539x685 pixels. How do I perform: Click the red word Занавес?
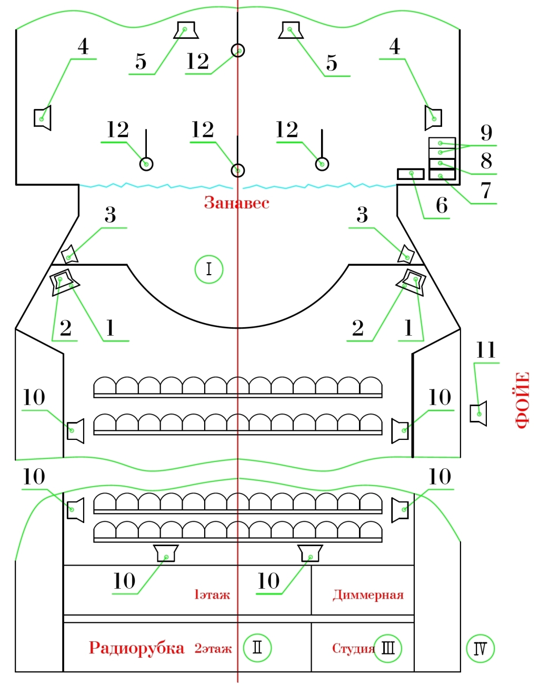click(237, 203)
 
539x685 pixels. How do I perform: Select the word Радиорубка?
click(137, 648)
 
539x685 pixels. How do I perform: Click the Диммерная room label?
click(368, 595)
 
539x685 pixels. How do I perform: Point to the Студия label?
click(353, 648)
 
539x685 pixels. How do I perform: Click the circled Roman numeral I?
click(209, 269)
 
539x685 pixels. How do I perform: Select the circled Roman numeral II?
click(257, 648)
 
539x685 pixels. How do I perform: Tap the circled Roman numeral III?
click(388, 648)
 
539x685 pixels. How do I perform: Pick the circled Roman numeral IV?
click(481, 648)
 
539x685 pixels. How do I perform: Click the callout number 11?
click(486, 350)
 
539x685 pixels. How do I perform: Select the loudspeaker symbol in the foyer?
click(478, 414)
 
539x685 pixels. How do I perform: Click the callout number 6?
click(442, 205)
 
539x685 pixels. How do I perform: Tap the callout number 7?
click(486, 190)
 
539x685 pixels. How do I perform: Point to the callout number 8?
click(486, 161)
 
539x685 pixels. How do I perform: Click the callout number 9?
click(486, 133)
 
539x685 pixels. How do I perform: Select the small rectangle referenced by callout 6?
click(411, 174)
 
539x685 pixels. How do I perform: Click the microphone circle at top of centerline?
click(238, 51)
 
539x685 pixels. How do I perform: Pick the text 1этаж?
click(212, 595)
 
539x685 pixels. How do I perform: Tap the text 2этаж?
click(213, 649)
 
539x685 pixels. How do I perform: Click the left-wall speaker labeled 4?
click(42, 118)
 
